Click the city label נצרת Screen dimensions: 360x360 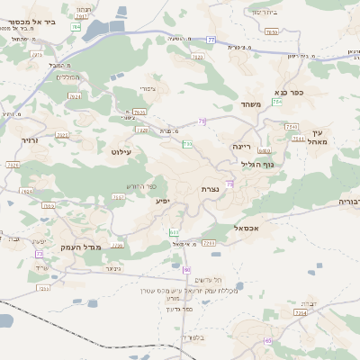tap(210, 190)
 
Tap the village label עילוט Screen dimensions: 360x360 tap(121, 152)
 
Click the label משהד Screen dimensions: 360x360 tap(250, 105)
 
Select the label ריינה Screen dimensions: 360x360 tap(241, 145)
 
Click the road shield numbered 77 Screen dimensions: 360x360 tap(211, 39)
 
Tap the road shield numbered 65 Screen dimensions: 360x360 tap(268, 340)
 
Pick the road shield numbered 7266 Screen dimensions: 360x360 tap(209, 243)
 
